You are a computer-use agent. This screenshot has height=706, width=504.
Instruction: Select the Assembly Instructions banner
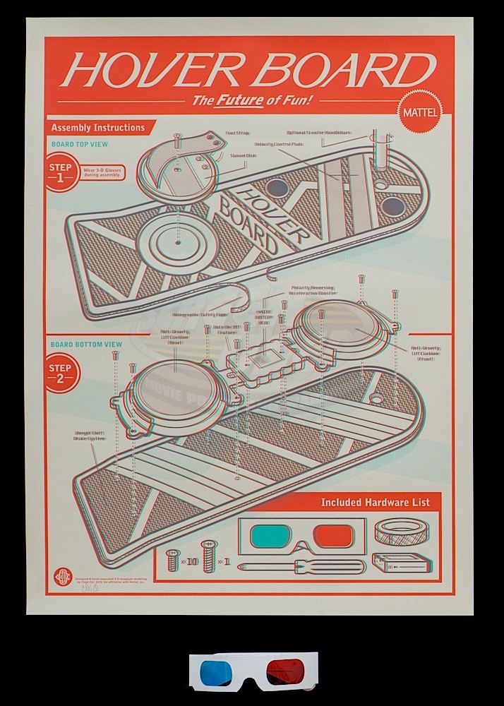(99, 128)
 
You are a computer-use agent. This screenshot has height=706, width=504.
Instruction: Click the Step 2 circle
(62, 372)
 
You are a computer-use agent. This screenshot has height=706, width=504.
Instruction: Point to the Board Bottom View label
(86, 345)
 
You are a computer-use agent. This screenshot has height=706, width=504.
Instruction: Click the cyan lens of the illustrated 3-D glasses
(275, 534)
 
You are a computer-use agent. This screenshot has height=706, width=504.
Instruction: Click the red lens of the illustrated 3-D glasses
(333, 535)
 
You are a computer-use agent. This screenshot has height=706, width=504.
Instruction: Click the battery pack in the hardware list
(403, 565)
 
